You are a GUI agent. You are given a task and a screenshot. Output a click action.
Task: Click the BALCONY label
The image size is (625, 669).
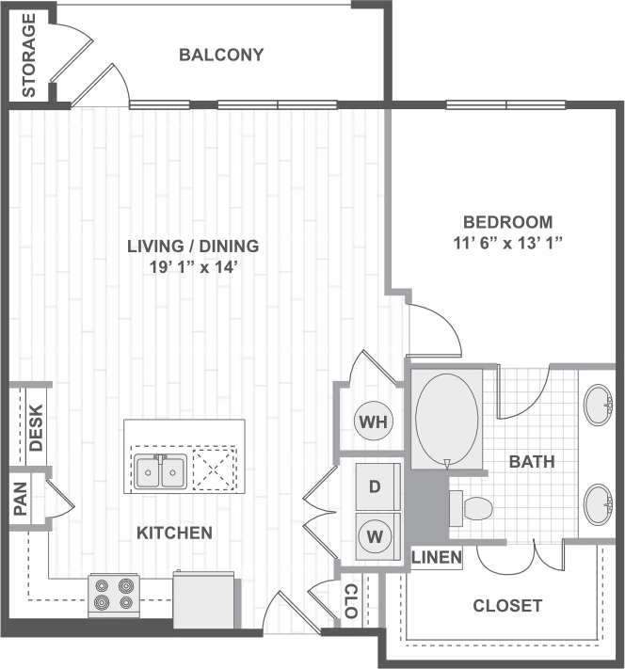pyautogui.click(x=221, y=55)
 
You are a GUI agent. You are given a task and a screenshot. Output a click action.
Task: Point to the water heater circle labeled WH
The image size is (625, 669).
pyautogui.click(x=374, y=421)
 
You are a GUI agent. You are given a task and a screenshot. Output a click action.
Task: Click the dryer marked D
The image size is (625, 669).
pyautogui.click(x=374, y=487)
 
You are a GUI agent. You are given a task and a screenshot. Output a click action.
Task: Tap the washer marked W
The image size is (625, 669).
pyautogui.click(x=374, y=537)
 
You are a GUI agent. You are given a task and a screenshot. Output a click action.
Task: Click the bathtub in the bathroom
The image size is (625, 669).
pyautogui.click(x=446, y=419)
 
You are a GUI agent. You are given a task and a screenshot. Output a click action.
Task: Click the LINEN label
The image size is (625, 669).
pyautogui.click(x=437, y=558)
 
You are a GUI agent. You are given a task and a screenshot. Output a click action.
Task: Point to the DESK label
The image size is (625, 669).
pyautogui.click(x=37, y=427)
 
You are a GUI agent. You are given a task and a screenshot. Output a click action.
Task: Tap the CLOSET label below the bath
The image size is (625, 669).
pyautogui.click(x=506, y=605)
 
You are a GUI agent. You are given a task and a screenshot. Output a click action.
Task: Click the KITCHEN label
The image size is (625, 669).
pyautogui.click(x=174, y=533)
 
